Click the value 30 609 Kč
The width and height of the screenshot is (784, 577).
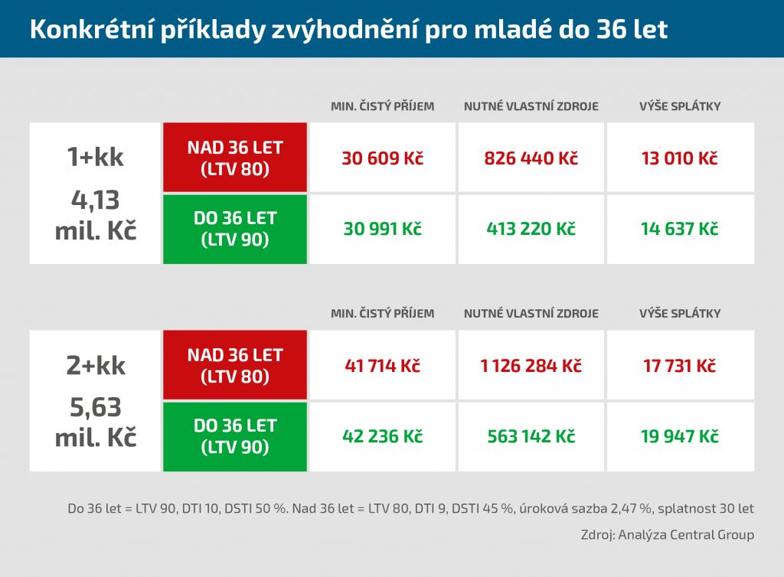click(382, 158)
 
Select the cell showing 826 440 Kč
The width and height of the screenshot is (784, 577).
click(531, 158)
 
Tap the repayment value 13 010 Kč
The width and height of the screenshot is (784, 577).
click(680, 158)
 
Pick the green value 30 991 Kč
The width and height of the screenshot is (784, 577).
click(382, 229)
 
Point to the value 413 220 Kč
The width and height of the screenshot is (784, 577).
click(531, 229)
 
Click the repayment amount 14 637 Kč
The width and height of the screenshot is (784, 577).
click(680, 229)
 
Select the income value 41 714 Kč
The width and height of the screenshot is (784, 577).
click(382, 366)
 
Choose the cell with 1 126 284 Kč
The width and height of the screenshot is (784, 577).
click(531, 366)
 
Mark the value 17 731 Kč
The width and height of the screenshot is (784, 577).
click(680, 366)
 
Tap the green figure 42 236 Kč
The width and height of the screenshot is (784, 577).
click(382, 436)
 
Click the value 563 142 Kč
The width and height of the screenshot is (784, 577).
click(531, 436)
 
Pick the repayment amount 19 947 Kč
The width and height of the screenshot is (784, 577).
click(680, 436)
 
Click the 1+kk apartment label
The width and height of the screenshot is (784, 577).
click(96, 157)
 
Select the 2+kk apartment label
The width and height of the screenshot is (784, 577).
click(96, 365)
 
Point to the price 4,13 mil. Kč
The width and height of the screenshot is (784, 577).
click(96, 215)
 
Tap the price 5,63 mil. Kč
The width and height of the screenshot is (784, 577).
click(96, 423)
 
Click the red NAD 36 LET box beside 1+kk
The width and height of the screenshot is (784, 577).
click(235, 158)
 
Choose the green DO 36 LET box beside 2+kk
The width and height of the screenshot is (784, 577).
click(235, 436)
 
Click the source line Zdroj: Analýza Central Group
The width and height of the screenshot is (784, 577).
click(667, 535)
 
